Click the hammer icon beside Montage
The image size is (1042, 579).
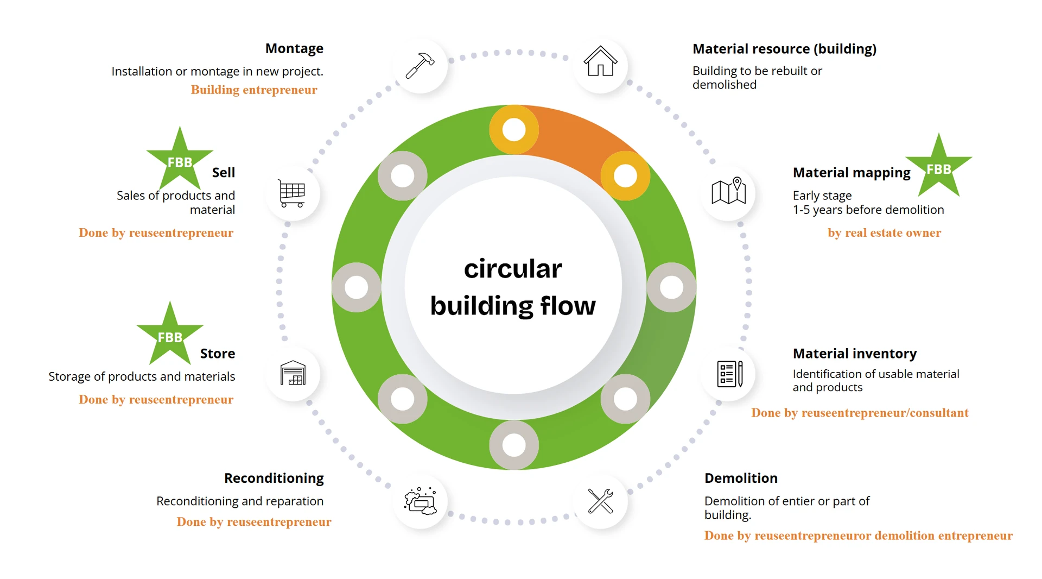(420, 65)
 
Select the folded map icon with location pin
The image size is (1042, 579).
(728, 191)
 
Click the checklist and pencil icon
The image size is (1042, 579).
(729, 374)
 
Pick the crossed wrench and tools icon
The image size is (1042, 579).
(600, 501)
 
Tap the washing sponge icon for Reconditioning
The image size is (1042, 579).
(420, 501)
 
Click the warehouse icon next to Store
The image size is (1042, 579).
(293, 374)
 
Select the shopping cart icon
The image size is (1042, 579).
(292, 193)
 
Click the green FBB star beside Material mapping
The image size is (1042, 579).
(938, 168)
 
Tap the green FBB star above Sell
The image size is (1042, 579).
(180, 161)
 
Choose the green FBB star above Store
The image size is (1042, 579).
(170, 336)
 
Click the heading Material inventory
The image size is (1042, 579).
(854, 354)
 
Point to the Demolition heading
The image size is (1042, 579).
(741, 478)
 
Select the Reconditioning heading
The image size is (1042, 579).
(274, 478)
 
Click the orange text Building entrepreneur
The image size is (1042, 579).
(254, 90)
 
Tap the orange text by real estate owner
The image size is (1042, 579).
(884, 232)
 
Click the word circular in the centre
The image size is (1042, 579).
(513, 269)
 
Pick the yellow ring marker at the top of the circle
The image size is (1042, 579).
(514, 130)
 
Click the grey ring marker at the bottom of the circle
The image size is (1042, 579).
(514, 445)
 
